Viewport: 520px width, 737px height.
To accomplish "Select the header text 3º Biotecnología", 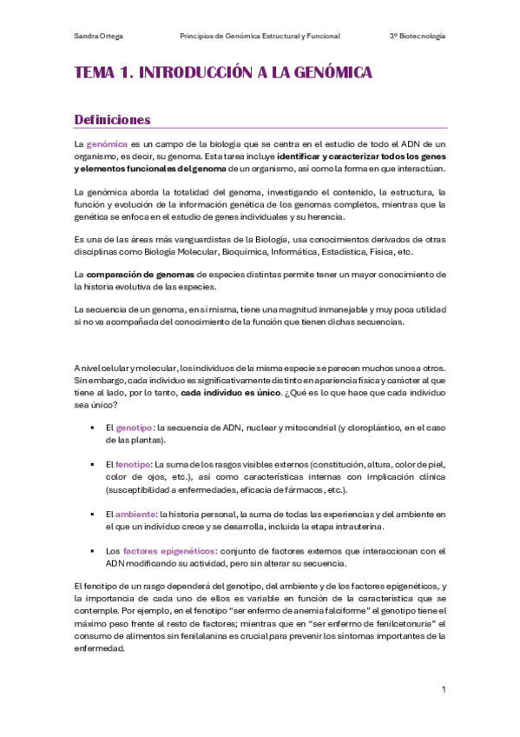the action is pyautogui.click(x=418, y=37).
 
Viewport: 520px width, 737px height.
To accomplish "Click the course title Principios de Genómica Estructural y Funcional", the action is pyautogui.click(x=260, y=37).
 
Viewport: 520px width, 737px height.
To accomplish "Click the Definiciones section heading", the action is pyautogui.click(x=113, y=120).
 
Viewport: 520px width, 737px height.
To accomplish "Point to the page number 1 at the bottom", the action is pyautogui.click(x=443, y=689).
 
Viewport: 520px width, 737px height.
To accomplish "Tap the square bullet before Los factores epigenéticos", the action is pyautogui.click(x=92, y=551).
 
